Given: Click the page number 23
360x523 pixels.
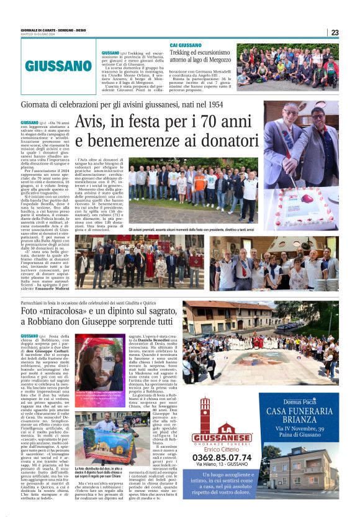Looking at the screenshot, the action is pos(335,33).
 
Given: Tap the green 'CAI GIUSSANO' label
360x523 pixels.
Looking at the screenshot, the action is pos(186,45).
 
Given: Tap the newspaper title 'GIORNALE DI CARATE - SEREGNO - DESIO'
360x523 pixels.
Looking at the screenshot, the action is pos(55,30).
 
